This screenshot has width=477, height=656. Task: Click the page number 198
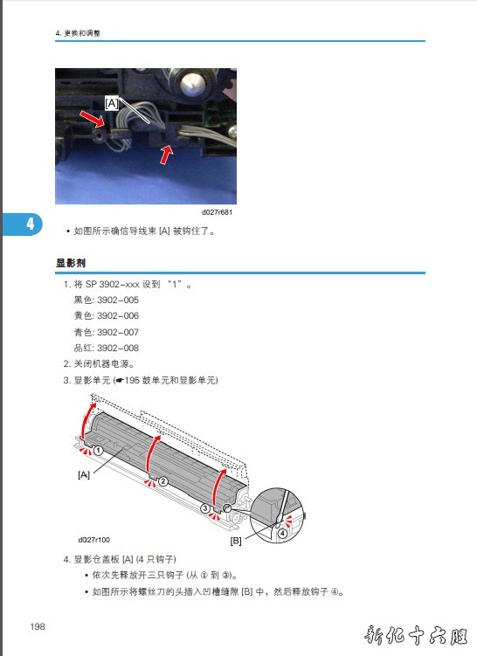click(38, 626)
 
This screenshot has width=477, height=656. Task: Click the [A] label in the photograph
click(112, 103)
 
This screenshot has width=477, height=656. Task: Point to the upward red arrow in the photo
click(167, 155)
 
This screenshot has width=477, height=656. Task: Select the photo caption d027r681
click(217, 212)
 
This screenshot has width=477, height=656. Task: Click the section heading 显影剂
click(71, 263)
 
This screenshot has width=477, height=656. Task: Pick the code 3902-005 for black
click(118, 300)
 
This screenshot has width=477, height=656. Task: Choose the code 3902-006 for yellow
click(118, 316)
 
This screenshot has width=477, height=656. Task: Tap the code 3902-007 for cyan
click(118, 332)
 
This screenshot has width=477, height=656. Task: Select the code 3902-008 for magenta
click(118, 348)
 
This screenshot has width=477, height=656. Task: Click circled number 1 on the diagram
click(98, 451)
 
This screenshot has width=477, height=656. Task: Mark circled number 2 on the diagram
click(163, 481)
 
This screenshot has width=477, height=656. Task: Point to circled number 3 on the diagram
click(205, 508)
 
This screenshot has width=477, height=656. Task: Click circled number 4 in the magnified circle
click(282, 534)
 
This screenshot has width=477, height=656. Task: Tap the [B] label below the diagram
click(236, 541)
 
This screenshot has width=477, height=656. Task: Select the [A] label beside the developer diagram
click(84, 475)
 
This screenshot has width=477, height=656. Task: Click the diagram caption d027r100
click(94, 540)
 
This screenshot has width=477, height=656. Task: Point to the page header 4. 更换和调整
click(78, 33)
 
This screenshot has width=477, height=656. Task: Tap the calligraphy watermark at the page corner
click(416, 635)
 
